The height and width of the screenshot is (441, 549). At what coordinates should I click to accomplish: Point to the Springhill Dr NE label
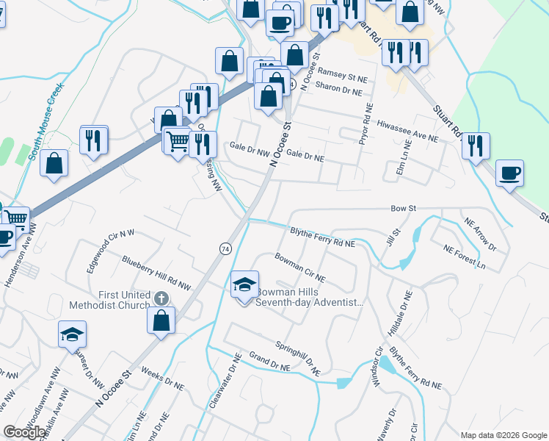298,357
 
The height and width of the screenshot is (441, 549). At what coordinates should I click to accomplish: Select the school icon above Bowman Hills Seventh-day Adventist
245,284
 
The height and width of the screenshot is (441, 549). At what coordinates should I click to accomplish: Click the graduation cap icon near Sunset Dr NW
72,334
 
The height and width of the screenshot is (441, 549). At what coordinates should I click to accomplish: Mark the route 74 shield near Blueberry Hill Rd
223,249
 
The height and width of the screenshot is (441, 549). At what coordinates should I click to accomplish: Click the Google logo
25,432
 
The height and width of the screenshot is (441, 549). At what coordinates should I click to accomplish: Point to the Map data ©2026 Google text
503,435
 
